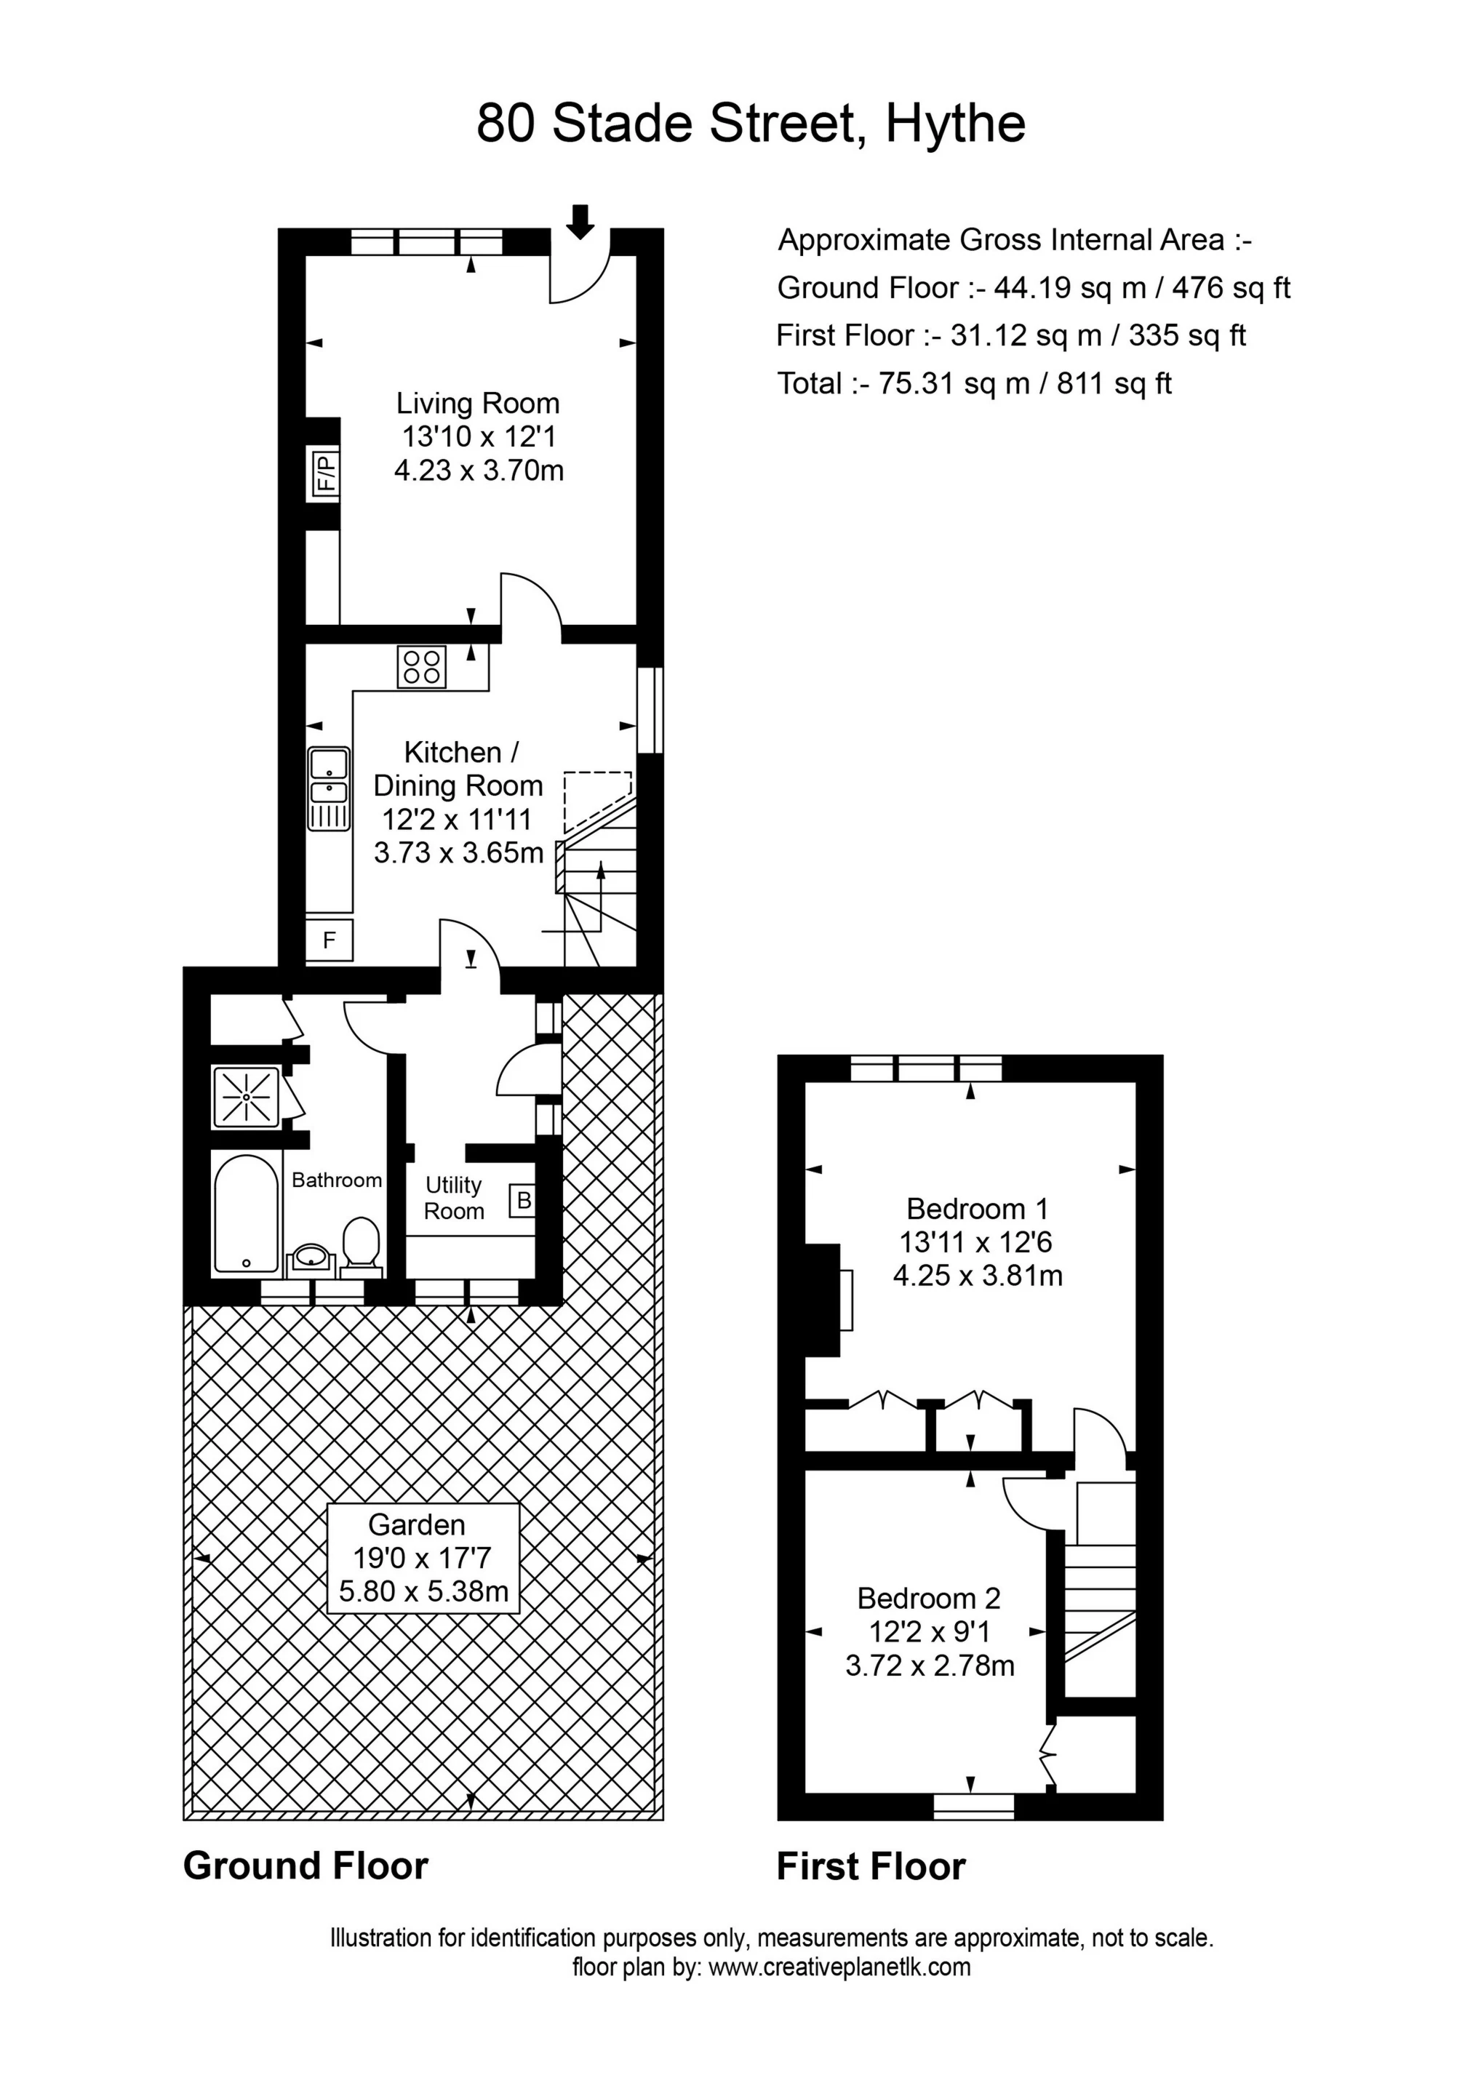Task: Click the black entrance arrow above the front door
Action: (581, 221)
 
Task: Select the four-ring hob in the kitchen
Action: (421, 667)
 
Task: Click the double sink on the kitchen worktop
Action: (329, 788)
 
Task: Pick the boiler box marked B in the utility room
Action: (523, 1202)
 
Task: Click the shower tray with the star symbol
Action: (247, 1098)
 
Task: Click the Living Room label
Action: (479, 403)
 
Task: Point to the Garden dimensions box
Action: (423, 1558)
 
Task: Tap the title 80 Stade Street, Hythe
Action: (751, 124)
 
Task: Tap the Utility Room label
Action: (454, 1198)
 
